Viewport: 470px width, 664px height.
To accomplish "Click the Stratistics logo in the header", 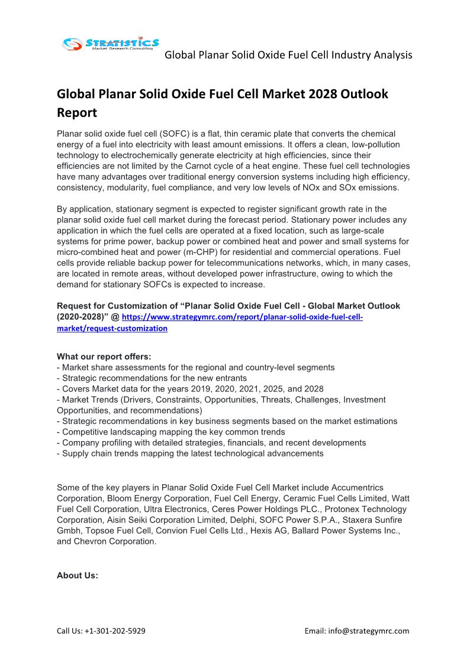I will (x=111, y=44).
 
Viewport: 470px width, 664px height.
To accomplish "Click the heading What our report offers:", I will (x=104, y=357).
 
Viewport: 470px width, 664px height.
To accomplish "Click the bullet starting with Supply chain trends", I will (x=192, y=454).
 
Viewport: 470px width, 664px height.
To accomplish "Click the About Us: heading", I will (x=78, y=575).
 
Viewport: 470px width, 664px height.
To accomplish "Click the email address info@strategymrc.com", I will (x=374, y=631).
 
